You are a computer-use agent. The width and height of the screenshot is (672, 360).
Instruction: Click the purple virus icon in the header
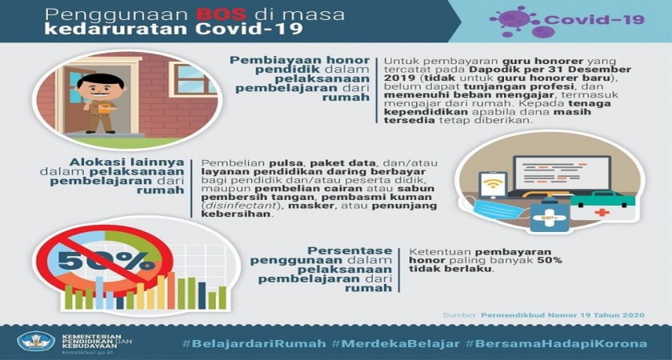[x=514, y=22]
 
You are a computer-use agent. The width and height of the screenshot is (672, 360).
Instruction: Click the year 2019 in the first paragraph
[x=399, y=78]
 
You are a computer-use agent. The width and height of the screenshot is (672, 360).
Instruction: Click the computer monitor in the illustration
[x=562, y=173]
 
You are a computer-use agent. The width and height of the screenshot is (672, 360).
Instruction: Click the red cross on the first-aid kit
[x=602, y=212]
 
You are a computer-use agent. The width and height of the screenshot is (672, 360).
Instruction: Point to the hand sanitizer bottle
[x=550, y=215]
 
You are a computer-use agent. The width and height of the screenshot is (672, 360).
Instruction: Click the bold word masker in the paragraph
[x=304, y=206]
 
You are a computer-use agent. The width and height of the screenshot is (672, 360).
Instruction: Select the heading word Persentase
[x=350, y=250]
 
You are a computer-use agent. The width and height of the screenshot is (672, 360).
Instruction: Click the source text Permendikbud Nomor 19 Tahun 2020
[x=562, y=315]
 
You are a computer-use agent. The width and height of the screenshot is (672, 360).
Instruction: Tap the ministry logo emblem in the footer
[x=36, y=341]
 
